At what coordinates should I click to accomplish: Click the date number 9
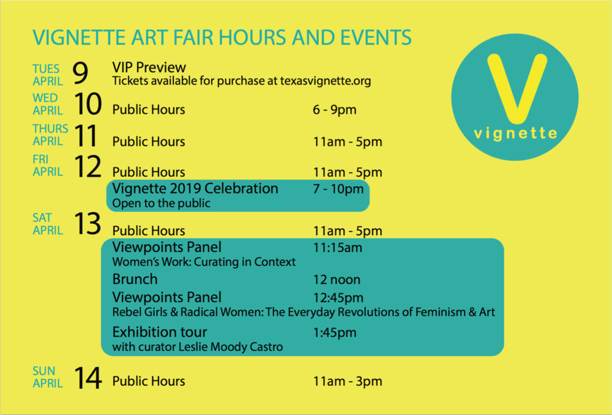coord(80,73)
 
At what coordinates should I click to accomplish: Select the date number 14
coord(88,378)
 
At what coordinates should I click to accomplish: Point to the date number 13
coord(88,223)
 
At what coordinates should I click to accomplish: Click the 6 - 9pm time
coord(335,110)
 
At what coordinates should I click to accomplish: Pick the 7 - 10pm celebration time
coord(338,189)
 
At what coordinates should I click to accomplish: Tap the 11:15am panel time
coord(338,247)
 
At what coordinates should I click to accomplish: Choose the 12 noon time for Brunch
coord(337,280)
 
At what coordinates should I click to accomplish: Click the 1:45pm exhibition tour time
coord(335,332)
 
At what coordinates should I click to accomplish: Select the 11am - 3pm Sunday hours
coord(348,381)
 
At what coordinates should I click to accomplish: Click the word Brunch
coord(135,279)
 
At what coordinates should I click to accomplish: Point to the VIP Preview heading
coord(149,67)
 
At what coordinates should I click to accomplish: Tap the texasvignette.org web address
coord(326,81)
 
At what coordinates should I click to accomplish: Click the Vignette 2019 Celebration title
coord(195,189)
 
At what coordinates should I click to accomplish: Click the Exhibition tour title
coord(160,332)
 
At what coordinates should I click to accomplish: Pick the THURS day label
coord(50,129)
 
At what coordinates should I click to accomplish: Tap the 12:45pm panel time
coord(338,297)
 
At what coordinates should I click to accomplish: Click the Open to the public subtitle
coord(161,203)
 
